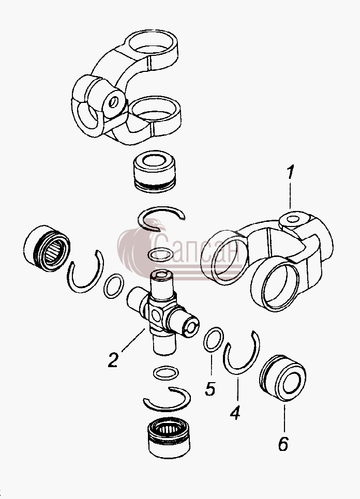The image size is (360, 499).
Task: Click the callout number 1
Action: coord(290,173)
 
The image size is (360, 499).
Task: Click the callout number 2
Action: coord(113,359)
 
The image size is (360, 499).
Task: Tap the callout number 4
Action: coord(235,413)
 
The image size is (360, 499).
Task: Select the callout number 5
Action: coord(210,388)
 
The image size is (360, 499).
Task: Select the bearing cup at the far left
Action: coord(47,248)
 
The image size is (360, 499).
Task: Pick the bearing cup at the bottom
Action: coord(169,438)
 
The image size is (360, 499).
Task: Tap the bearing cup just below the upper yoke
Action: coord(154,173)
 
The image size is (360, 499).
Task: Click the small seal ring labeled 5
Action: coord(213,339)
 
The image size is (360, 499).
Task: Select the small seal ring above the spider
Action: coord(161,254)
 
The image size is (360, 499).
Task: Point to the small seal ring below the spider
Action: coord(166,373)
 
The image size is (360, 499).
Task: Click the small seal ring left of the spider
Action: coord(114,286)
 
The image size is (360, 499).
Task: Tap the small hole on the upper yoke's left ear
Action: coord(113,102)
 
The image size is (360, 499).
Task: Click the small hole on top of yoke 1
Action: coord(293,219)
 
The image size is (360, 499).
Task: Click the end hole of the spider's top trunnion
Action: coord(162,275)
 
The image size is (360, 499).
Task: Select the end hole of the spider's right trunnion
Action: coord(192,327)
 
